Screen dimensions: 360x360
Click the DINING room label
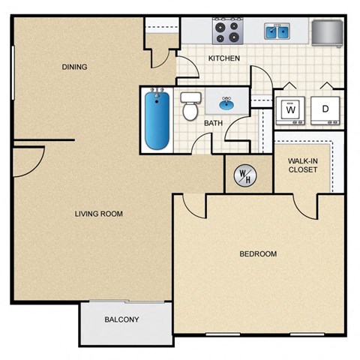(x=75, y=67)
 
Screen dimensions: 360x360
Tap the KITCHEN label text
(x=223, y=58)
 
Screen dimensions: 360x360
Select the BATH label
(x=212, y=123)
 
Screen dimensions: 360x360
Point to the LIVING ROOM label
(x=98, y=214)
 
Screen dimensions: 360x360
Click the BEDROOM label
(x=258, y=254)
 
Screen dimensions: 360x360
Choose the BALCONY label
(x=121, y=319)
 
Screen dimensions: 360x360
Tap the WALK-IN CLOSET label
(x=303, y=164)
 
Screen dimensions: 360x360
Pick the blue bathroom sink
(x=226, y=103)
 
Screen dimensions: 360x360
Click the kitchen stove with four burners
(x=227, y=31)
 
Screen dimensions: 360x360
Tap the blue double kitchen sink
(x=277, y=31)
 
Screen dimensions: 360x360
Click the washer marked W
(x=289, y=109)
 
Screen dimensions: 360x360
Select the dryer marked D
(x=325, y=109)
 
